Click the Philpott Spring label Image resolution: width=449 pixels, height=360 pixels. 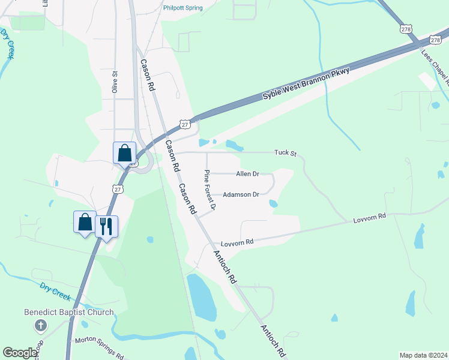183,8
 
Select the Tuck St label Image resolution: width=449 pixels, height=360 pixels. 286,153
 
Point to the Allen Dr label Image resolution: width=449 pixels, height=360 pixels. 247,174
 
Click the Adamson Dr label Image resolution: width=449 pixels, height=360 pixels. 241,194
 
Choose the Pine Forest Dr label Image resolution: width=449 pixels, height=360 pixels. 209,190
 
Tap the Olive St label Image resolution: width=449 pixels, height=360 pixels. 114,82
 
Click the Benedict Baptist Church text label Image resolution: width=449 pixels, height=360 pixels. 68,312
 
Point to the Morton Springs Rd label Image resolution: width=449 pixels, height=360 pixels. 99,347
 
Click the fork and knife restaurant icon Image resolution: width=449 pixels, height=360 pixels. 106,226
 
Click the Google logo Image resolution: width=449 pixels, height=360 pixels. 20,353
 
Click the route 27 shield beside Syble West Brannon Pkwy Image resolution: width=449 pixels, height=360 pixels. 185,124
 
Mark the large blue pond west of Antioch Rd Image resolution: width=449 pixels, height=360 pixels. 202,298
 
